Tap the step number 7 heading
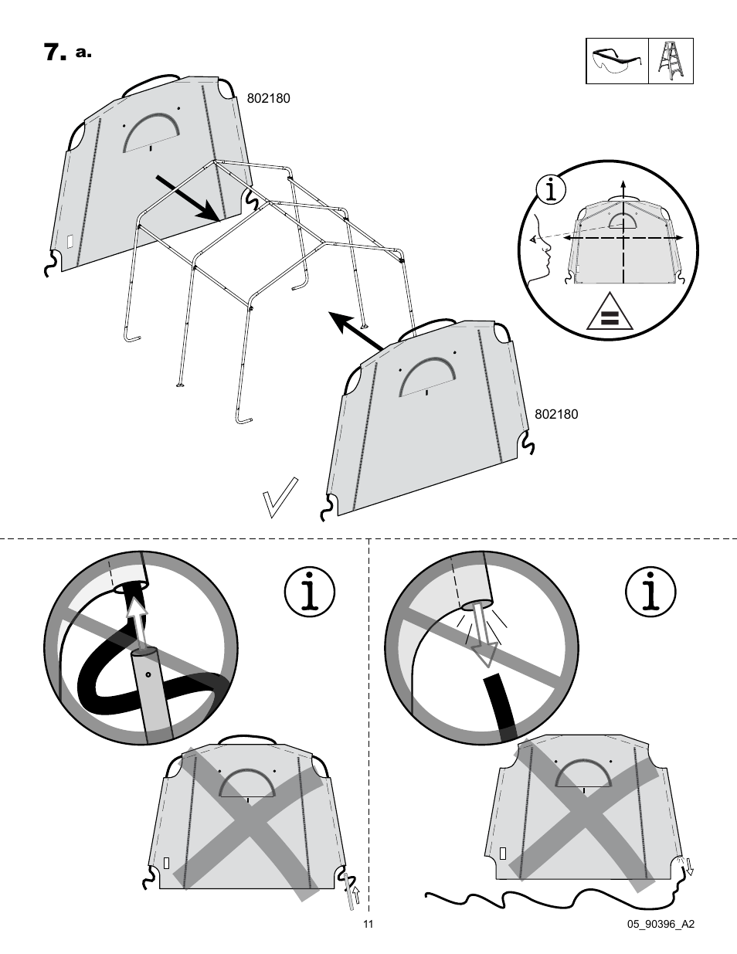pyautogui.click(x=53, y=53)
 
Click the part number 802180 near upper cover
pyautogui.click(x=268, y=99)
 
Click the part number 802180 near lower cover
pyautogui.click(x=556, y=414)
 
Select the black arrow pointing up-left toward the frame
pyautogui.click(x=357, y=330)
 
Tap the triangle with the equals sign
pyautogui.click(x=610, y=313)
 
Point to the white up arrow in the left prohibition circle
pyautogui.click(x=138, y=622)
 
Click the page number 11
pyautogui.click(x=368, y=925)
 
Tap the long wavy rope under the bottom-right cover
pyautogui.click(x=541, y=900)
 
